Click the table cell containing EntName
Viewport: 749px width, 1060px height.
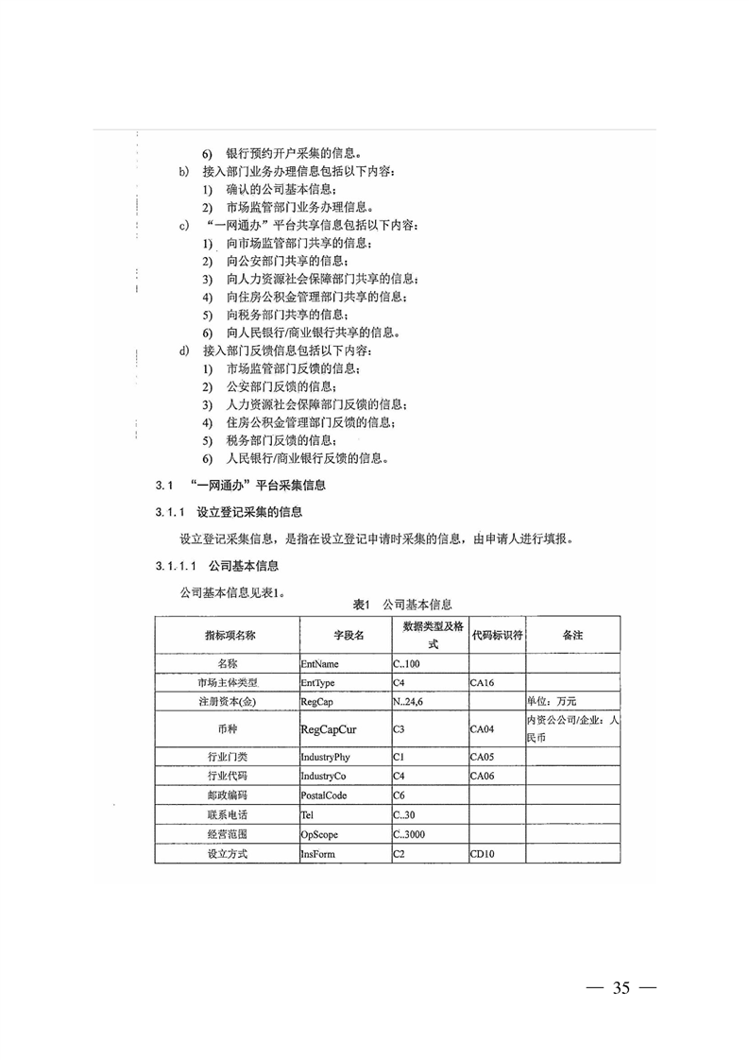pos(319,663)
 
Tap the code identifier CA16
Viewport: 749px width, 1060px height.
pos(483,681)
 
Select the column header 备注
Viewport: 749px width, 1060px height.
pos(572,635)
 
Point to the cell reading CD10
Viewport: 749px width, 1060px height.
pos(483,854)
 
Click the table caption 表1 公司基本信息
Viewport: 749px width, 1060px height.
pos(401,604)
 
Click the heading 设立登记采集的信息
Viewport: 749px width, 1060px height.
pos(249,512)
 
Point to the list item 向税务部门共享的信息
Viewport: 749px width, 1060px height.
pos(285,314)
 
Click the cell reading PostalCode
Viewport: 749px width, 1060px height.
pos(324,795)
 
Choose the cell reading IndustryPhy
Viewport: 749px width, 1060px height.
pos(325,757)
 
